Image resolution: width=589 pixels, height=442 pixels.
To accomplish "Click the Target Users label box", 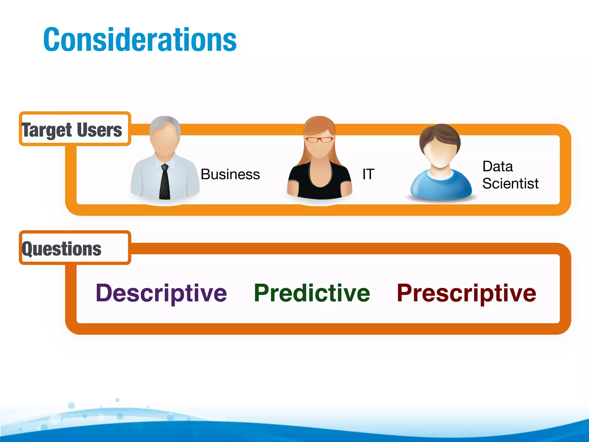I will pos(75,129).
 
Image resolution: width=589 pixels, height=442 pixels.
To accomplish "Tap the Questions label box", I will pos(75,248).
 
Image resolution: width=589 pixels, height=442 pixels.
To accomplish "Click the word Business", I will pos(230,174).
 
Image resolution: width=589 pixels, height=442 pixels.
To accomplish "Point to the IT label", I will pos(368,174).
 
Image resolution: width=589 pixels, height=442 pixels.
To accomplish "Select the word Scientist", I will pos(510,184).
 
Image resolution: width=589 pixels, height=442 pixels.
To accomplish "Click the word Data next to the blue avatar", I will pos(498,166).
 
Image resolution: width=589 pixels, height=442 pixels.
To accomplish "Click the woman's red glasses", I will pos(319,140).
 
